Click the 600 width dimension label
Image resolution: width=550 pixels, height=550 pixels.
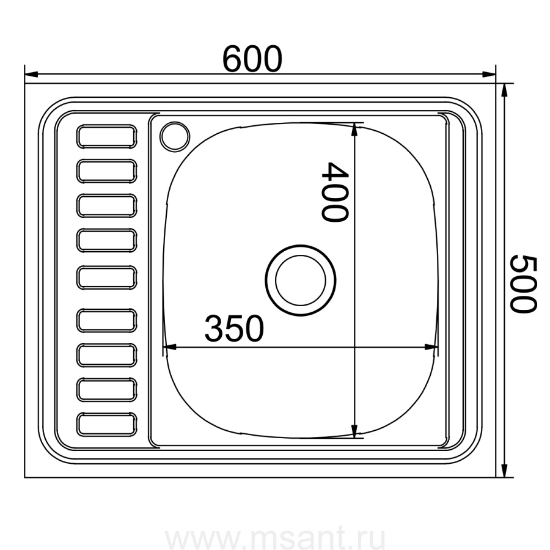(252, 59)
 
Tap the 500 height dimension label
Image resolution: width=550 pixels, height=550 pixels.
(523, 284)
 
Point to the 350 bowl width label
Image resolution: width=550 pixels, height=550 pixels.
(234, 328)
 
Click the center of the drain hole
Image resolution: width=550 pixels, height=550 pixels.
(301, 280)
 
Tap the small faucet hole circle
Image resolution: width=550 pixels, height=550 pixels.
(175, 136)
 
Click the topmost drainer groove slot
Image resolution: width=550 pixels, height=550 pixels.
(106, 136)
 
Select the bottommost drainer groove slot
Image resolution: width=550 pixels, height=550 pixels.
(106, 425)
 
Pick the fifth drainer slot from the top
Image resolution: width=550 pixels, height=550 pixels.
(106, 278)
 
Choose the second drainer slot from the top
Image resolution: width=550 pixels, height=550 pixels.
(106, 171)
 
